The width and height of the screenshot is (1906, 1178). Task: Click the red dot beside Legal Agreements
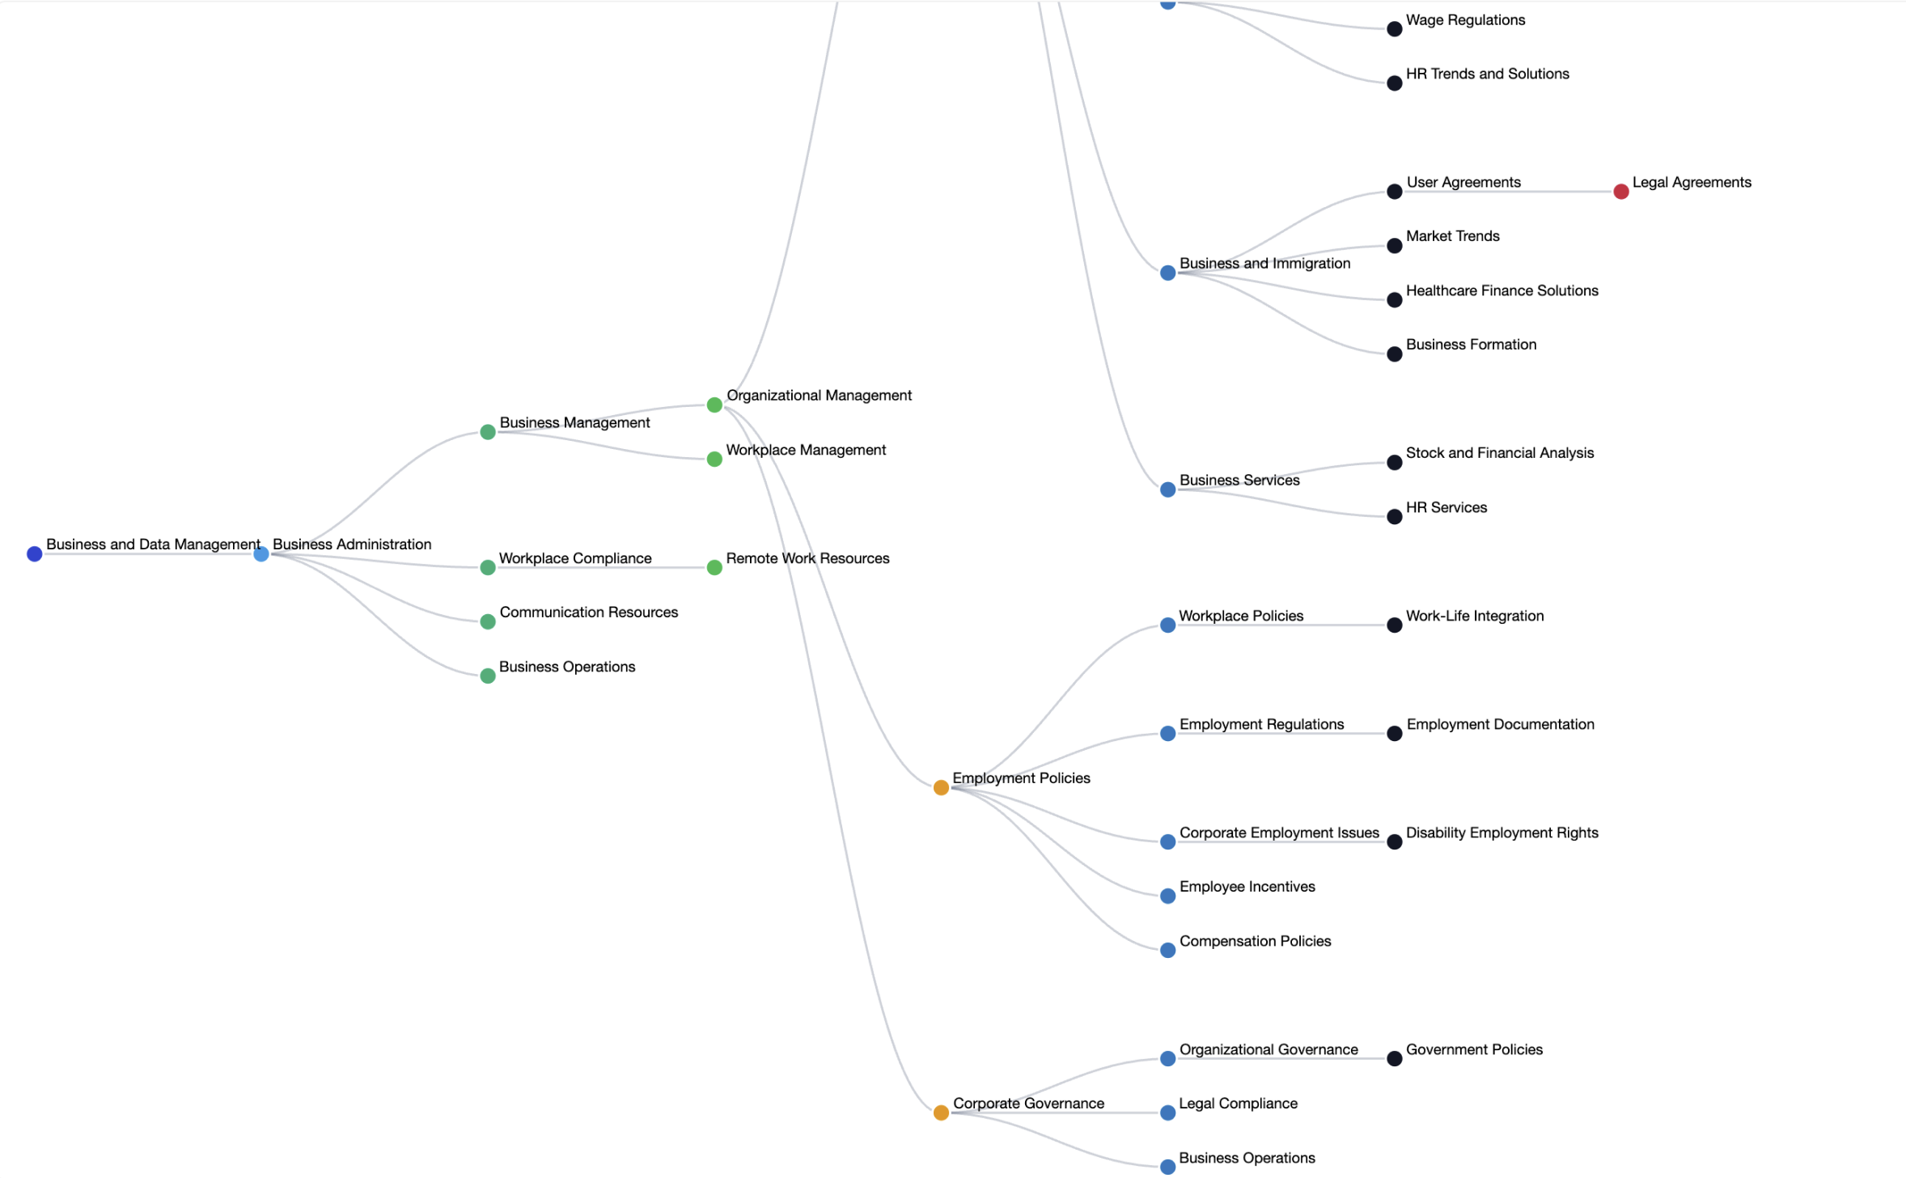(1620, 192)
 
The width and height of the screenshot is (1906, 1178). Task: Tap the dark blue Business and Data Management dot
(34, 554)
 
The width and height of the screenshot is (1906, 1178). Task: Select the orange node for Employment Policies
(941, 788)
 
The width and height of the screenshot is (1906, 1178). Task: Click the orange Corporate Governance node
(941, 1113)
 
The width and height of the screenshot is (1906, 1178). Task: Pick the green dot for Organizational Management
(714, 405)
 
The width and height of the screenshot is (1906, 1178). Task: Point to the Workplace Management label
(806, 450)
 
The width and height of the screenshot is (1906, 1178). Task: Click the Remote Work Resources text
(807, 558)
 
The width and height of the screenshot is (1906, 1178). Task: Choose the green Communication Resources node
(488, 622)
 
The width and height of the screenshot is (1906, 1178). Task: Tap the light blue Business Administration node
(261, 554)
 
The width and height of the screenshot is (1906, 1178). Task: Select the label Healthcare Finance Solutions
(1502, 290)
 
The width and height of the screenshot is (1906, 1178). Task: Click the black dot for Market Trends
(1395, 246)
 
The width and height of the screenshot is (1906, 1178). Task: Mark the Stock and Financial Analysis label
(1499, 453)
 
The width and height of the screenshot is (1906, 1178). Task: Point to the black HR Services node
(1395, 517)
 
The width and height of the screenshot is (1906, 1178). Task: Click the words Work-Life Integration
(1474, 616)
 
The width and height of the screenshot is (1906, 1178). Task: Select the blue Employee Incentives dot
(1167, 896)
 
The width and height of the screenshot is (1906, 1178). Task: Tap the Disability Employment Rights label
(1502, 833)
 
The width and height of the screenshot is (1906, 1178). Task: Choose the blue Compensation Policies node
(1167, 951)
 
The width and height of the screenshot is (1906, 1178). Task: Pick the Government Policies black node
(1395, 1059)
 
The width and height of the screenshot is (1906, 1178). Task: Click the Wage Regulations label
(1465, 20)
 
